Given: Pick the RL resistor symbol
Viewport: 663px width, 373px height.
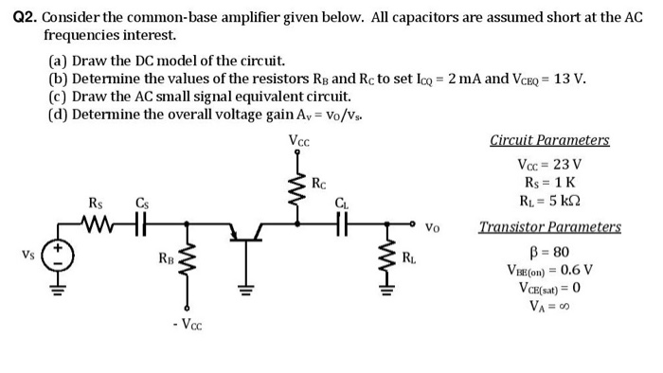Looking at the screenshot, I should pos(386,254).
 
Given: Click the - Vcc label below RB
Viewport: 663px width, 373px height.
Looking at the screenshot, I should pos(187,327).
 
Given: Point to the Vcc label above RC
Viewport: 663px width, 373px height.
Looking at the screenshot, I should pos(300,142).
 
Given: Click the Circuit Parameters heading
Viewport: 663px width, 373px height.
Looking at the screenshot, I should pos(549,140).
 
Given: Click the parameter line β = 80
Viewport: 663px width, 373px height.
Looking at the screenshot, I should pos(549,251).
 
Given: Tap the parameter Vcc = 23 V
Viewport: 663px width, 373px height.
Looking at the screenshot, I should pos(549,165).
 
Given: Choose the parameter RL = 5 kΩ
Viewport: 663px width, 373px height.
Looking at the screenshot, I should pos(549,200).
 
